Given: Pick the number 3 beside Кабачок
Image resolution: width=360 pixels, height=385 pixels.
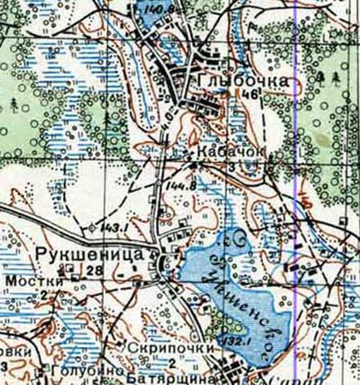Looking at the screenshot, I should coord(231,166).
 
